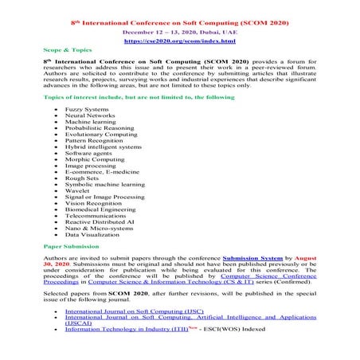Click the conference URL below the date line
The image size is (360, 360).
[x=179, y=40]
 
